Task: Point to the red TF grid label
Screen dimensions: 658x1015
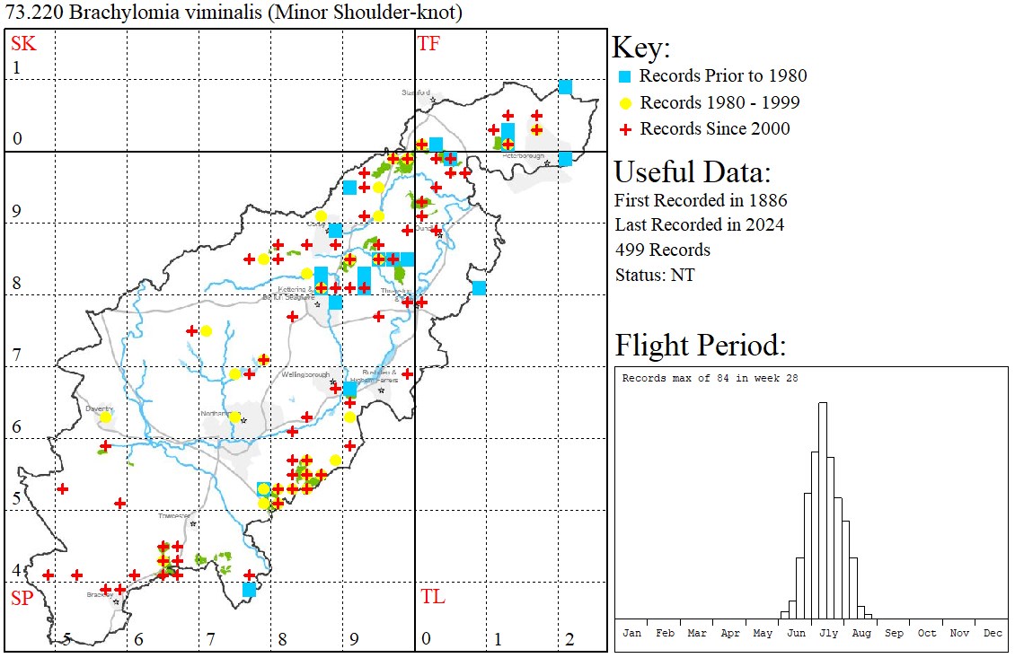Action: click(x=428, y=44)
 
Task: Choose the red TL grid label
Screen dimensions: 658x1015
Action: click(x=432, y=597)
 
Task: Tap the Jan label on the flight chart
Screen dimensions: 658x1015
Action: click(x=632, y=633)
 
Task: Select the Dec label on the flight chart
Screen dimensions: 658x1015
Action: click(x=993, y=633)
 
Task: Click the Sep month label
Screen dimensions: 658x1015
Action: click(x=894, y=633)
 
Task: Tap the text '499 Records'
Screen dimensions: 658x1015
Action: click(x=662, y=250)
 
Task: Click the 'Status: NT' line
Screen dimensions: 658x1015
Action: click(x=654, y=275)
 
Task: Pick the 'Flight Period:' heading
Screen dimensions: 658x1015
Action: click(x=701, y=346)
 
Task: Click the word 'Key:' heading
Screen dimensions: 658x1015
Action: click(x=641, y=48)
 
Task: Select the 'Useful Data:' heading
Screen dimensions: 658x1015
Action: click(x=693, y=171)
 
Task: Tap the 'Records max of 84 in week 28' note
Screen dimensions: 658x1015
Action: click(x=710, y=378)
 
